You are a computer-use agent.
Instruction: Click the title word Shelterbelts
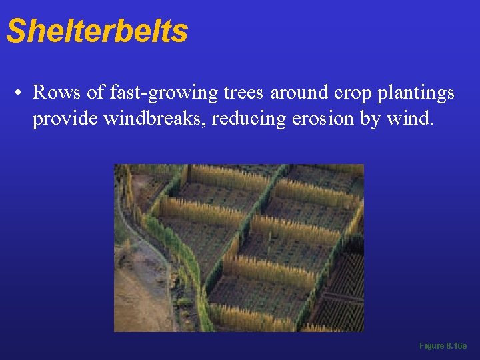[x=97, y=31]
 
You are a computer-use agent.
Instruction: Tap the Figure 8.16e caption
[x=443, y=346]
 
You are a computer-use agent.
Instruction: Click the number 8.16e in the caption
[x=457, y=346]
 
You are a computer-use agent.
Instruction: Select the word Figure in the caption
[x=431, y=346]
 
